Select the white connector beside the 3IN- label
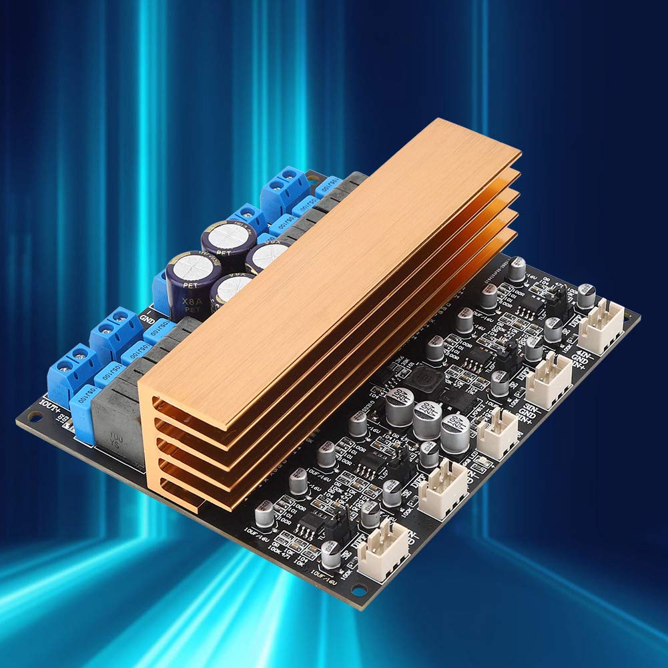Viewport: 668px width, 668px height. [549, 380]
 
